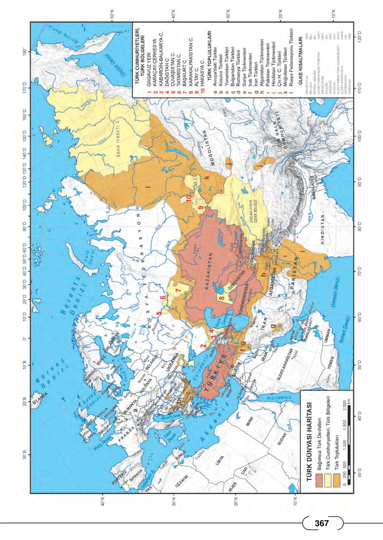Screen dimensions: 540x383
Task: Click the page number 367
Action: [322, 523]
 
